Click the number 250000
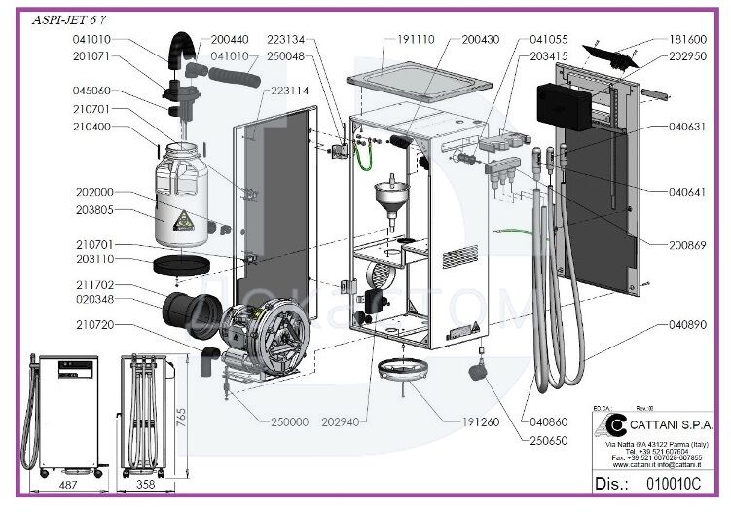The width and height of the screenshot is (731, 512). click(x=288, y=421)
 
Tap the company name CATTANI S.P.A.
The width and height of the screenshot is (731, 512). click(x=672, y=425)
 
